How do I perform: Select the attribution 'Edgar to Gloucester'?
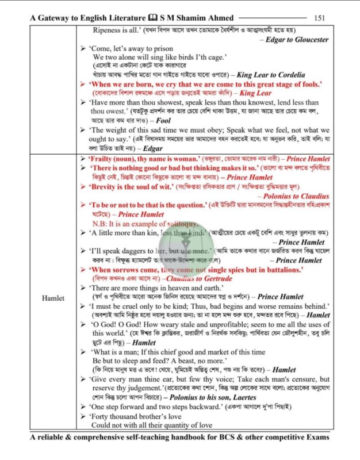coord(297,40)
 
